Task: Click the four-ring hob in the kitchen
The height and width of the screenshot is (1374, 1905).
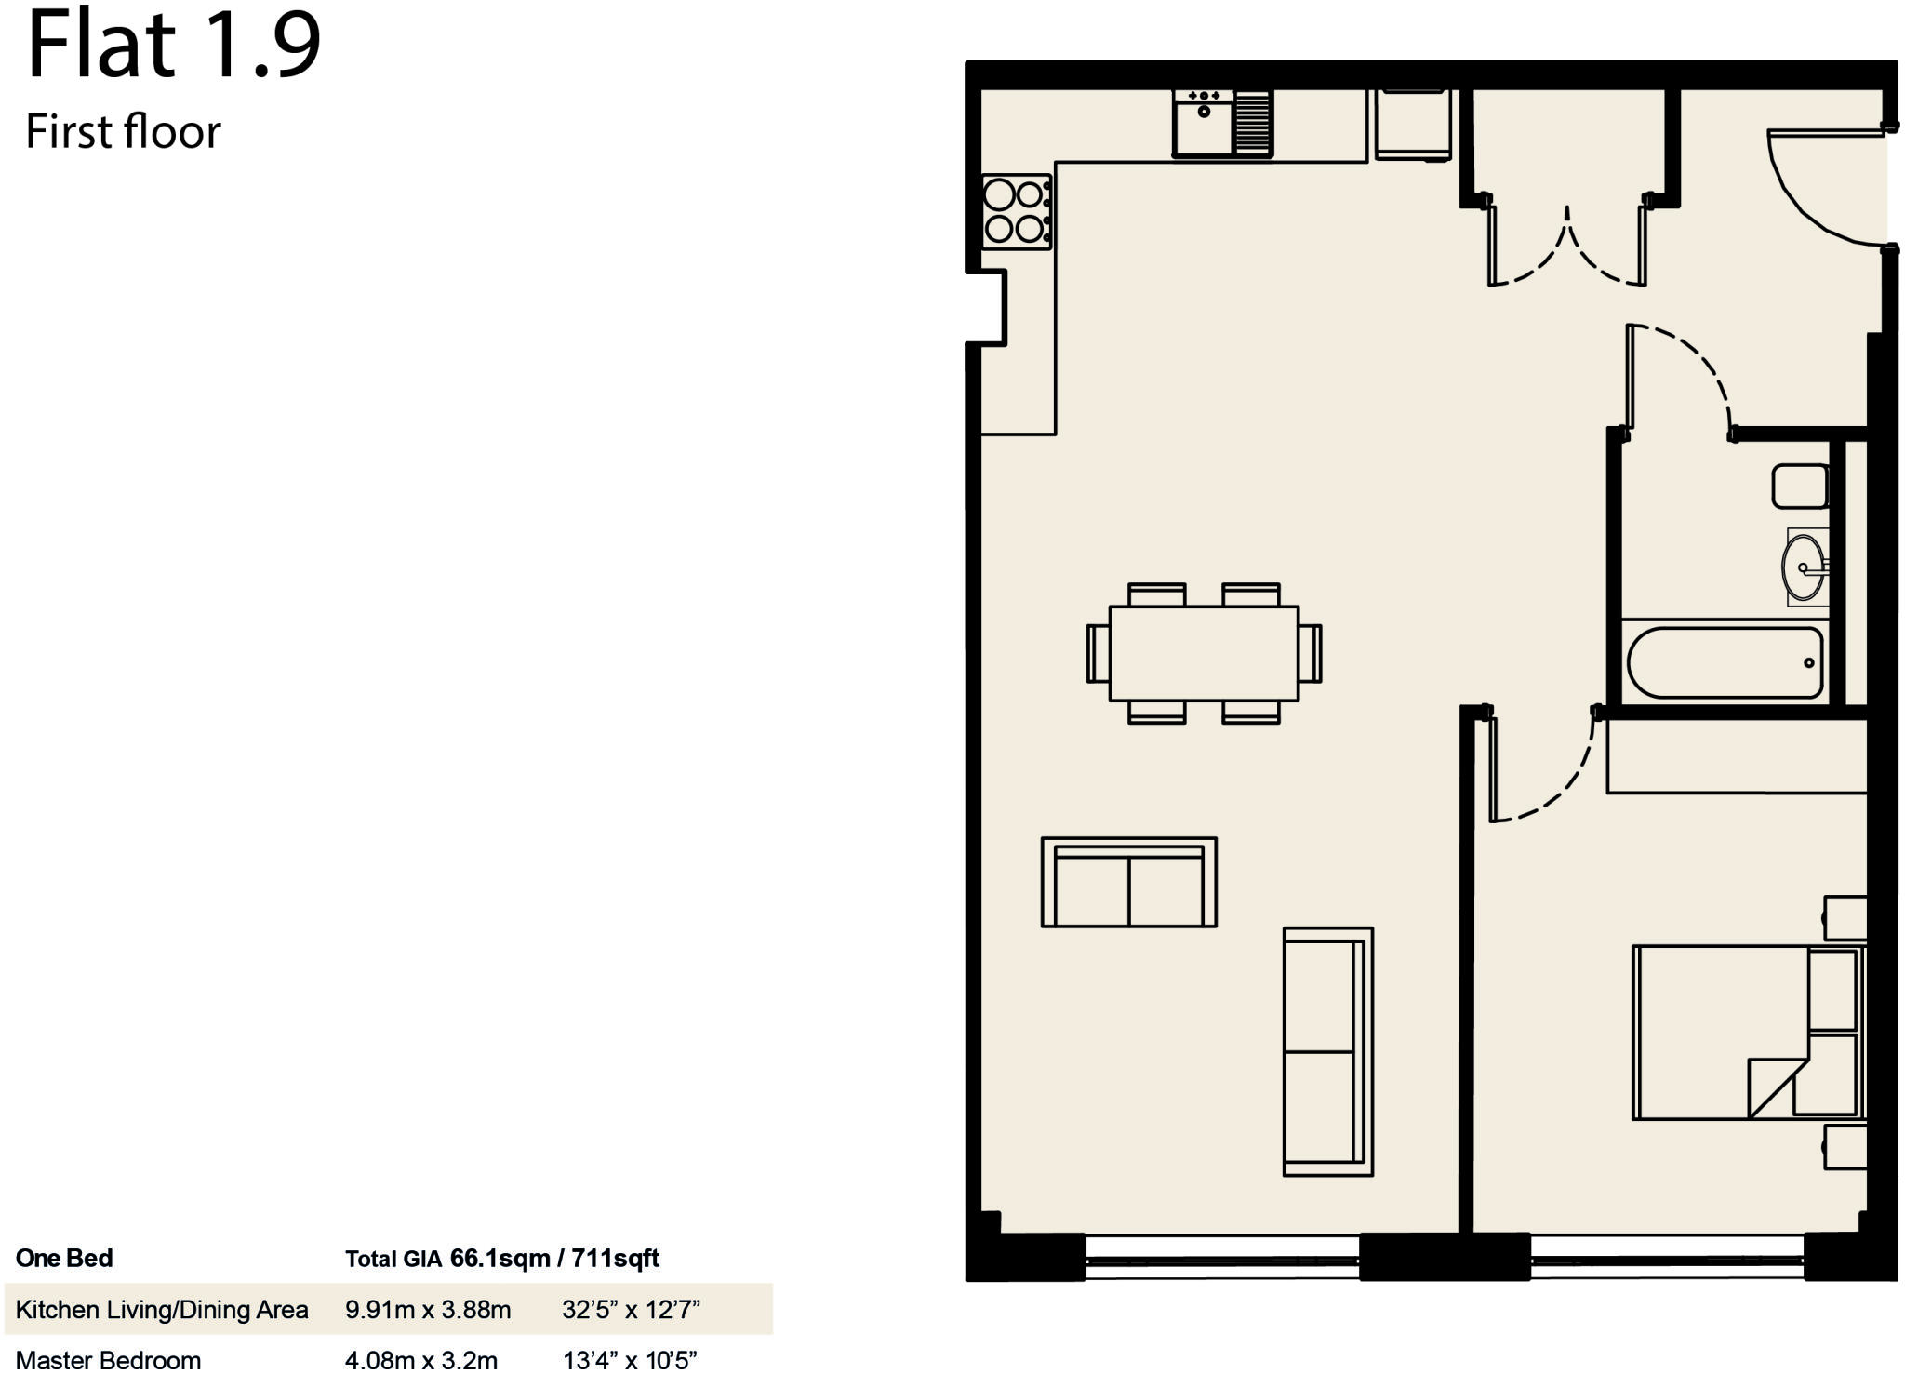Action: pyautogui.click(x=1017, y=211)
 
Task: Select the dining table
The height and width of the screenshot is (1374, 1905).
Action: pyautogui.click(x=1204, y=653)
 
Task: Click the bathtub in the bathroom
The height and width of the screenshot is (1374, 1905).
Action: pyautogui.click(x=1724, y=662)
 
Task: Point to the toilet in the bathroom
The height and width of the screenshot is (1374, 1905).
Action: pyautogui.click(x=1800, y=487)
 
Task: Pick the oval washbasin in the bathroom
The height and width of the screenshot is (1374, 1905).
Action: pyautogui.click(x=1803, y=567)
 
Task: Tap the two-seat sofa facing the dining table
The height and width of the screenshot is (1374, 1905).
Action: pyautogui.click(x=1128, y=882)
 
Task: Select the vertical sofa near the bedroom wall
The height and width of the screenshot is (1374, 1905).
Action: pyautogui.click(x=1327, y=1051)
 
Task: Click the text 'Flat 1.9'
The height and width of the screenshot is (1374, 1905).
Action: pyautogui.click(x=174, y=44)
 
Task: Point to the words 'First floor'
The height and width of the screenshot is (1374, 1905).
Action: pyautogui.click(x=123, y=131)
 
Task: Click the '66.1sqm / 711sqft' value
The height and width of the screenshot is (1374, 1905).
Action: pyautogui.click(x=554, y=1259)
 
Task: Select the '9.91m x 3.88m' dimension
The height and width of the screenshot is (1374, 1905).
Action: pyautogui.click(x=428, y=1310)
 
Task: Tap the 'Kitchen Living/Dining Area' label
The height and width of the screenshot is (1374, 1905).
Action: pyautogui.click(x=162, y=1310)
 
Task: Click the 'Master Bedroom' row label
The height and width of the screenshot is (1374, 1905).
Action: pyautogui.click(x=109, y=1359)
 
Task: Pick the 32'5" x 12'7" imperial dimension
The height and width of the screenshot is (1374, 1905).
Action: pyautogui.click(x=631, y=1310)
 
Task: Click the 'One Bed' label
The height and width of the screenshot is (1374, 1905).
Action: pyautogui.click(x=64, y=1259)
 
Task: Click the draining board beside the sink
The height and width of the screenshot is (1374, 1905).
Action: pyautogui.click(x=1253, y=124)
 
